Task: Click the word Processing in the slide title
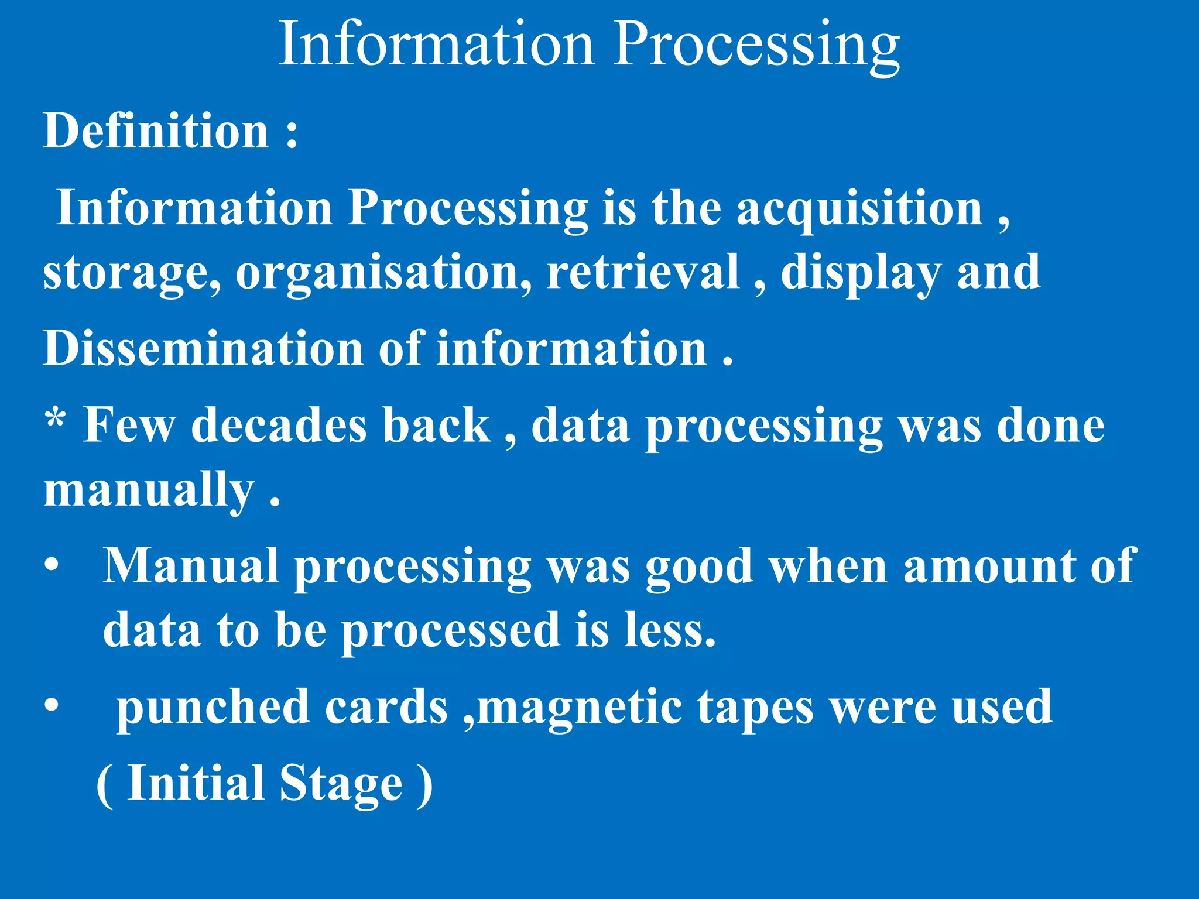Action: [x=756, y=46]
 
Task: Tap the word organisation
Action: [x=383, y=273]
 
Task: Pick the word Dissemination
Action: [x=203, y=348]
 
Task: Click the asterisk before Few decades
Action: [x=56, y=419]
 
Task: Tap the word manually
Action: [x=149, y=490]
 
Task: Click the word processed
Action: [x=450, y=631]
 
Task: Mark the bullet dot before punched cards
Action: [x=52, y=706]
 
